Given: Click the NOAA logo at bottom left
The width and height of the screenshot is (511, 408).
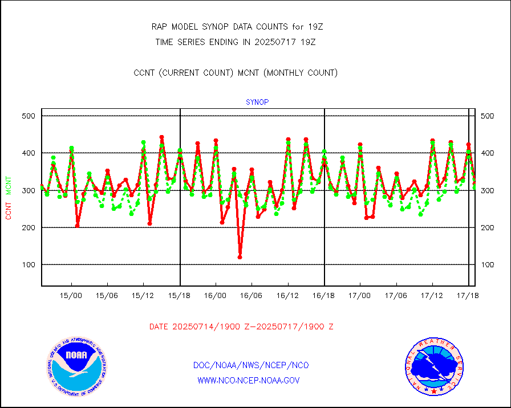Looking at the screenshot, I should (x=76, y=365).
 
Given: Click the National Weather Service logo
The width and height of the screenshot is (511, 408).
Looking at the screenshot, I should (x=433, y=365).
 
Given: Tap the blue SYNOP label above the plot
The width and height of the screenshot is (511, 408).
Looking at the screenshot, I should (x=257, y=102).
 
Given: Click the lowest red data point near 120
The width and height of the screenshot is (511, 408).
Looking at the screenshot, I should (x=240, y=257).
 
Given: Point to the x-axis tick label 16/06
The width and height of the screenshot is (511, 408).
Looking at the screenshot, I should (x=252, y=296).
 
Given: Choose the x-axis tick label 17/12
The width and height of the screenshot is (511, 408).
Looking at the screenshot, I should (x=432, y=296).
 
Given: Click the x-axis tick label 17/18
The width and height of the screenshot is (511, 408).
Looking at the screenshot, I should (x=468, y=296).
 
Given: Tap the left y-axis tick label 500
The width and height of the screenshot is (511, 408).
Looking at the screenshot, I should (x=29, y=116).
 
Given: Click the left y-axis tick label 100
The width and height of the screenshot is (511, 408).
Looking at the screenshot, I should (x=29, y=265).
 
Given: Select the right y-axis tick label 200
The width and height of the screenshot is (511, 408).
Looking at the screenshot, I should (x=487, y=228).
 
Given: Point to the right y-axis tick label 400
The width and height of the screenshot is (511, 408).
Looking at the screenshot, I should (x=487, y=153).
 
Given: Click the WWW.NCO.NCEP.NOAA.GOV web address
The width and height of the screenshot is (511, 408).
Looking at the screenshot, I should (x=248, y=380).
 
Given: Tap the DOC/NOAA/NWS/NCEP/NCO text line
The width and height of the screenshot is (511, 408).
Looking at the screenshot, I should (x=251, y=365).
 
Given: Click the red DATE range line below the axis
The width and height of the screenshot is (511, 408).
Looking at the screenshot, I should (x=241, y=327).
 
